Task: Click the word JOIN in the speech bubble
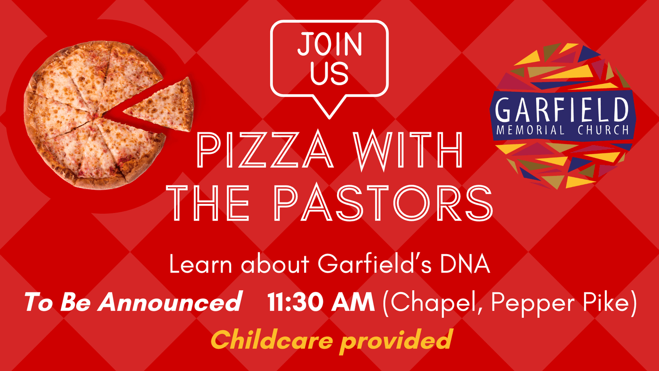[x=329, y=44]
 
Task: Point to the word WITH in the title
[x=408, y=150]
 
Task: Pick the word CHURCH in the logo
[x=603, y=130]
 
